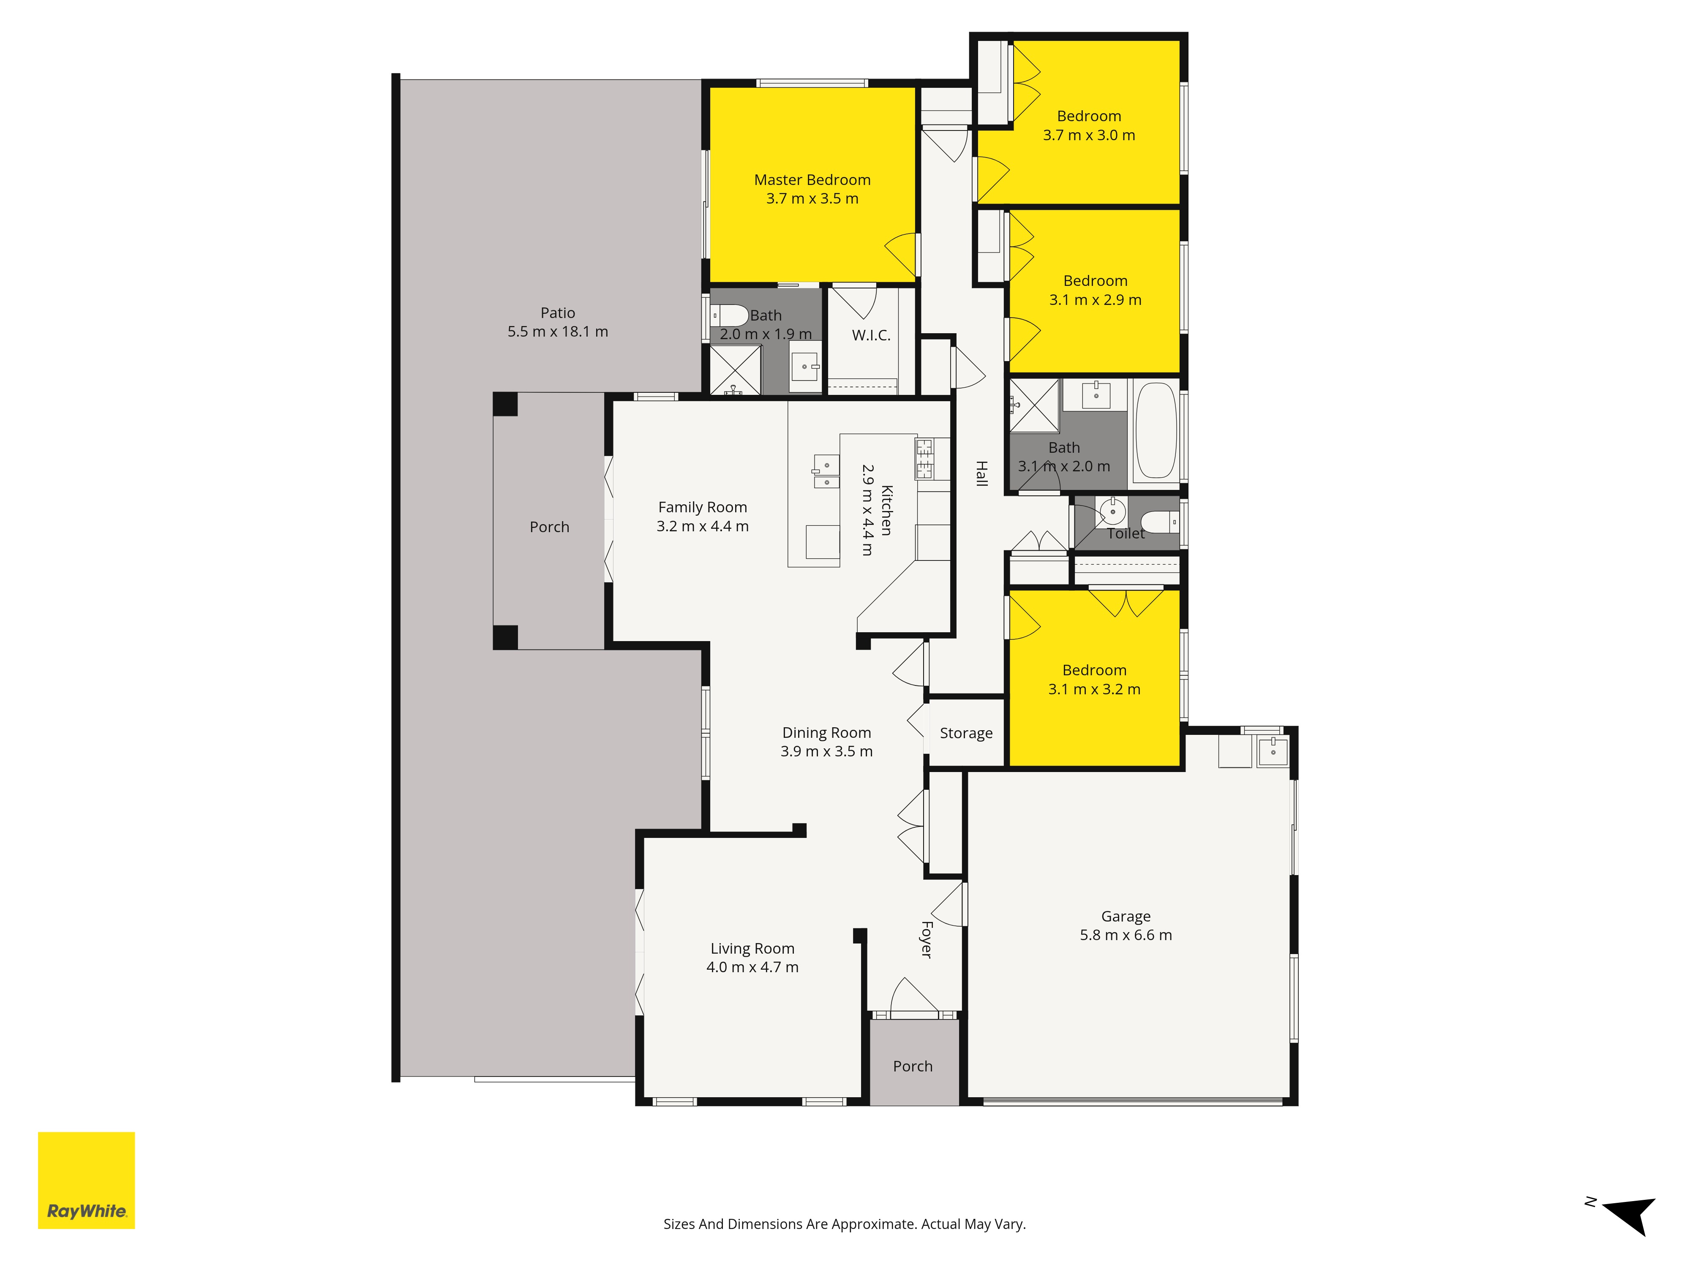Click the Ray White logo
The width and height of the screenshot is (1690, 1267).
pyautogui.click(x=86, y=1180)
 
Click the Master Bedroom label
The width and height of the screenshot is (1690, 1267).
pyautogui.click(x=812, y=179)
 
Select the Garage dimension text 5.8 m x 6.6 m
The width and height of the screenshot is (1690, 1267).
pyautogui.click(x=1126, y=935)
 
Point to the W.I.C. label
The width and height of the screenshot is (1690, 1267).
pyautogui.click(x=871, y=335)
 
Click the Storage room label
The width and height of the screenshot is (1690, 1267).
pyautogui.click(x=966, y=733)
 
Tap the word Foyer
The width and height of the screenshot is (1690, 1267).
pyautogui.click(x=926, y=939)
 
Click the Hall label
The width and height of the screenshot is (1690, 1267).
pyautogui.click(x=982, y=473)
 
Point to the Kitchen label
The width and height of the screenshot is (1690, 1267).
pyautogui.click(x=886, y=510)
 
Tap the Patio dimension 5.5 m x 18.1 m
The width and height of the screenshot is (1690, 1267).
pyautogui.click(x=558, y=332)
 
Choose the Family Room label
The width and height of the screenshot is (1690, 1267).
pyautogui.click(x=702, y=507)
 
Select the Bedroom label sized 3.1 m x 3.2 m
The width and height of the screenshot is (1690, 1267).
pyautogui.click(x=1094, y=670)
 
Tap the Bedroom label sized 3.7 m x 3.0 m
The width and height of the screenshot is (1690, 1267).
pyautogui.click(x=1089, y=116)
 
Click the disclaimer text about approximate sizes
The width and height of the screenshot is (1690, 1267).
pyautogui.click(x=844, y=1224)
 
